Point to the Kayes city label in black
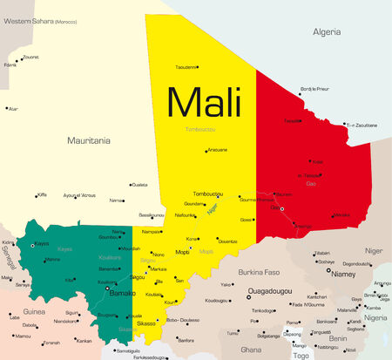tap(41, 243)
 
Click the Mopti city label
tap(183, 251)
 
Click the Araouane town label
tap(217, 149)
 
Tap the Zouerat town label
tap(30, 57)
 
